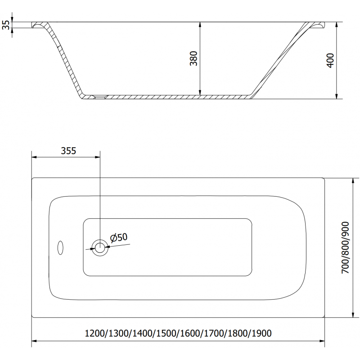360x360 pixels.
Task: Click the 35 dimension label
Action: [x=6, y=25]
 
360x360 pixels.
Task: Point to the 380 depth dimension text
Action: [x=194, y=58]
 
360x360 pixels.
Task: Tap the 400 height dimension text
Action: [x=330, y=60]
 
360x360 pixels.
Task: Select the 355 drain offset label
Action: [x=68, y=151]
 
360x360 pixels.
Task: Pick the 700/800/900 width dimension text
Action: [x=345, y=248]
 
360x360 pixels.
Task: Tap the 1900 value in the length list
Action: [x=261, y=333]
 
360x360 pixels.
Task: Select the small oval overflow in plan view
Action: [x=60, y=247]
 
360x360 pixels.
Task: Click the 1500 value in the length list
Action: [x=166, y=333]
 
